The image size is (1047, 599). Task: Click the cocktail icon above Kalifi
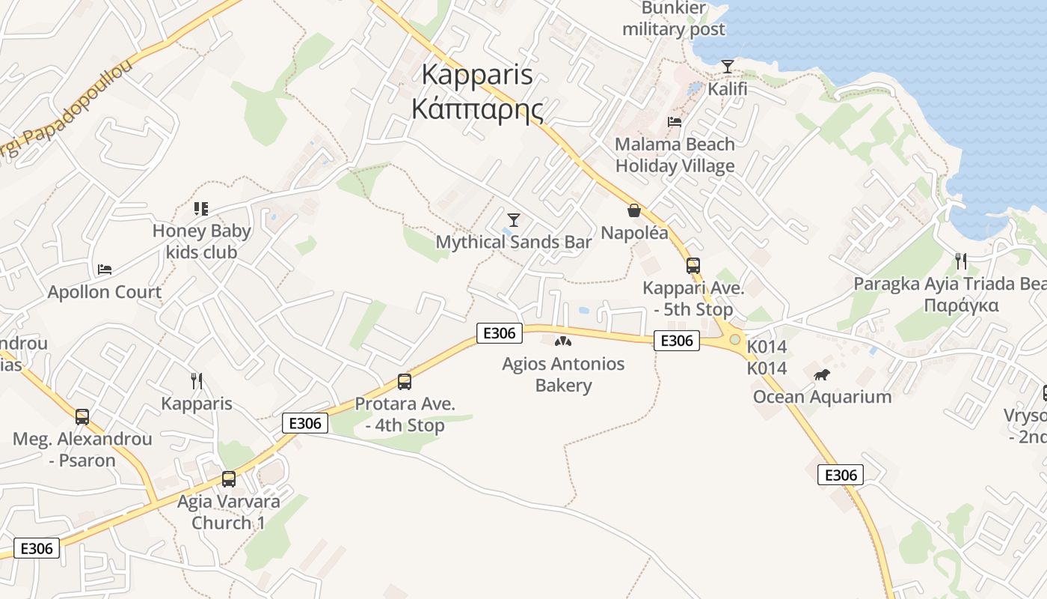click(x=727, y=67)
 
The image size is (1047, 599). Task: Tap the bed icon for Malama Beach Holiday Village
click(x=675, y=121)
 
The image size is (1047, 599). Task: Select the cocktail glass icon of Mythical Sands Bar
click(x=514, y=219)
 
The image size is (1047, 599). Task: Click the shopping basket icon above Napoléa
click(x=634, y=210)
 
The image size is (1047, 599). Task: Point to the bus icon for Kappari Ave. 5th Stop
click(x=693, y=266)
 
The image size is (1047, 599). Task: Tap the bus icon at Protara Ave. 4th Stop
click(x=405, y=382)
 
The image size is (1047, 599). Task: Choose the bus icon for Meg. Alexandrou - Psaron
click(x=82, y=417)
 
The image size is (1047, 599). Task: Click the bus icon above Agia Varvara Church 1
click(x=229, y=479)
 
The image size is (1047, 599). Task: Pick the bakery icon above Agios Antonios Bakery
click(x=563, y=342)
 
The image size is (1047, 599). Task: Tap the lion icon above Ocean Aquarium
click(x=822, y=374)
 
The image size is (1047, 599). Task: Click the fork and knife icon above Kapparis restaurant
click(x=197, y=381)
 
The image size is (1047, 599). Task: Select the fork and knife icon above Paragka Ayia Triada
click(x=961, y=261)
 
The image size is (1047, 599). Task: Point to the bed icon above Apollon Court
click(x=105, y=270)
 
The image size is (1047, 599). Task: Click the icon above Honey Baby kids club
click(x=200, y=208)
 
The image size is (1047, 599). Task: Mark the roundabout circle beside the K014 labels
click(x=735, y=340)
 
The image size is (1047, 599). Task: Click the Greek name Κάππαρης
click(x=477, y=109)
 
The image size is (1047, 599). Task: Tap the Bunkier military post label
click(x=673, y=19)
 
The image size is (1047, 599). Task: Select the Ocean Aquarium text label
click(x=822, y=397)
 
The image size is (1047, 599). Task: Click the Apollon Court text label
click(x=105, y=292)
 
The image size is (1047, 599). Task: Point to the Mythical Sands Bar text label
click(x=514, y=242)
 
